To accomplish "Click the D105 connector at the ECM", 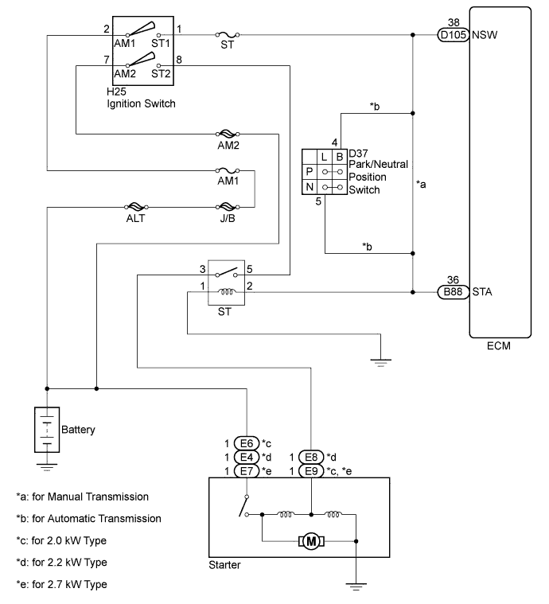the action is [x=453, y=35].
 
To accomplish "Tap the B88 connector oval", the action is [x=453, y=292].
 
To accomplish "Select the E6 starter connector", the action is [x=247, y=443].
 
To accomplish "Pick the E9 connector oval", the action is [x=311, y=471].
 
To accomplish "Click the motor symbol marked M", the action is [x=311, y=542].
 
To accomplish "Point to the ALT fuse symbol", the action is [x=135, y=207].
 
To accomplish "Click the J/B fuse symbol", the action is [x=228, y=207].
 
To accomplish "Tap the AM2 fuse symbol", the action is [x=228, y=134].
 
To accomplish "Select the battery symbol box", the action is [x=47, y=430].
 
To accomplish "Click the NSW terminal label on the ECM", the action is [x=485, y=35].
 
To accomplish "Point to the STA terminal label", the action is [x=482, y=292].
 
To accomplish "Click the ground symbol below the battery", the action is [x=47, y=468].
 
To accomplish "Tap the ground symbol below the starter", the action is [x=356, y=586].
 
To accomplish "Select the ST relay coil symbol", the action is [x=226, y=292].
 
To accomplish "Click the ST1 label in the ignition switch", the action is [x=161, y=43].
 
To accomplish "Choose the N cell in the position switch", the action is [x=310, y=187].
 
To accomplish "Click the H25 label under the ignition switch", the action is [x=116, y=92].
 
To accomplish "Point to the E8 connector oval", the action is [x=311, y=458].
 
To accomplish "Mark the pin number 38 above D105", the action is [x=454, y=22].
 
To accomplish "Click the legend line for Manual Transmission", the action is [x=83, y=497].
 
